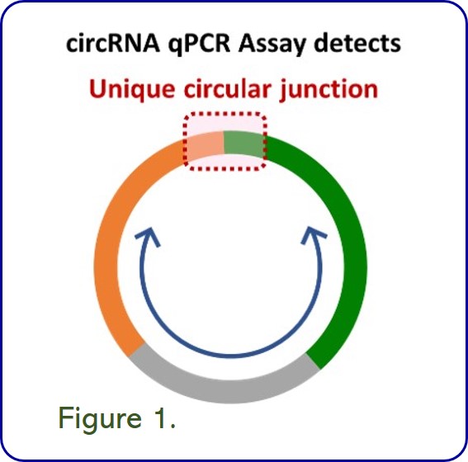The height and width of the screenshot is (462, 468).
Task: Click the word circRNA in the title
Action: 113,44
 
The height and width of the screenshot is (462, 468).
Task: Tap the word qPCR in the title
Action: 199,45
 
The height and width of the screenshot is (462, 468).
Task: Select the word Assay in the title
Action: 272,45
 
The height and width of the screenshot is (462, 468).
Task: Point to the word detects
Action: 357,44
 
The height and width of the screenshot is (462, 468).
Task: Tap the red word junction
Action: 329,90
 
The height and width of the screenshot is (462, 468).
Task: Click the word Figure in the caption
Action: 100,418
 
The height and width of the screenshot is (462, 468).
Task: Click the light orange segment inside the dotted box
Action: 205,145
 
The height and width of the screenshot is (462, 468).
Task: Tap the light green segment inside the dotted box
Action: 243,144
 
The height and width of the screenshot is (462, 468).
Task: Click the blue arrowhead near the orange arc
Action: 149,236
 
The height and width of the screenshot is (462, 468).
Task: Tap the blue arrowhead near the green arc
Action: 313,236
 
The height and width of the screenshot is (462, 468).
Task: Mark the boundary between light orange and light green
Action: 224,143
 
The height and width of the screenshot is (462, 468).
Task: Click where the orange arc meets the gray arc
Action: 137,350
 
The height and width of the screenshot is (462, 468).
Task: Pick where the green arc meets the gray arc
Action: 314,361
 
